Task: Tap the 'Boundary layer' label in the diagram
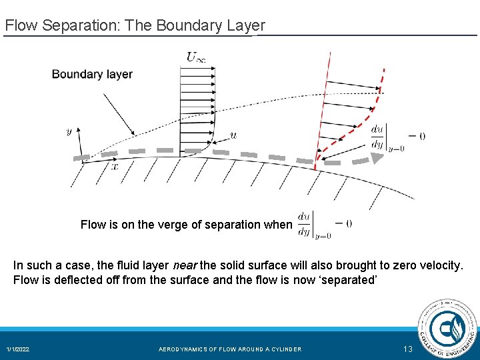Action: coord(92,74)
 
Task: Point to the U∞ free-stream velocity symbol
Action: coord(195,57)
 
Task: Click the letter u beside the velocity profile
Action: coord(233,135)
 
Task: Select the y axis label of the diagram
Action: coord(69,132)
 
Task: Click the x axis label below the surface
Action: coord(115,167)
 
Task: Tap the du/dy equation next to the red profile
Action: coord(397,137)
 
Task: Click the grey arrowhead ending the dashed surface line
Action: coord(377,158)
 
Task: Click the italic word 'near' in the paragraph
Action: coord(185,265)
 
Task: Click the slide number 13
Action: coord(409,349)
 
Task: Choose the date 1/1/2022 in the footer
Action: coord(18,349)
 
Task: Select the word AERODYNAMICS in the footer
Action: coord(185,349)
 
